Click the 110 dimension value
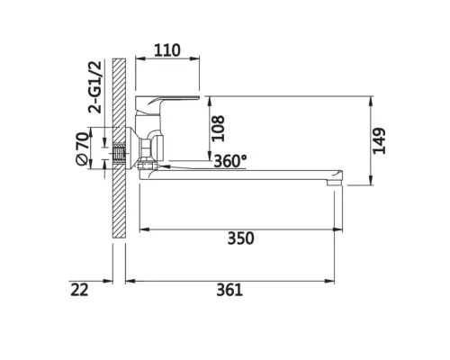[167, 50]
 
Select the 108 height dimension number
[218, 128]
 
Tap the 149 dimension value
[379, 141]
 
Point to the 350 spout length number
[240, 238]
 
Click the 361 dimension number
[229, 290]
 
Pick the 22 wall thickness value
[79, 290]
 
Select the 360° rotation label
[230, 161]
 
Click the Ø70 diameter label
[83, 148]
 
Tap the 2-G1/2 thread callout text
[94, 86]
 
